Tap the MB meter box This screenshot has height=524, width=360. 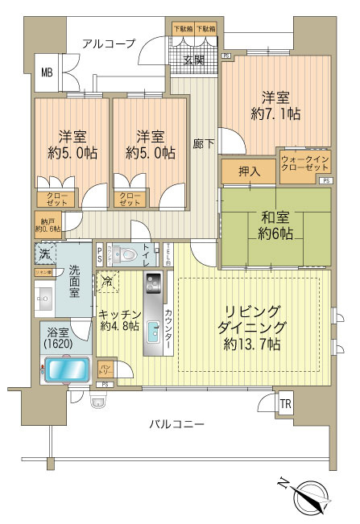(x=47, y=73)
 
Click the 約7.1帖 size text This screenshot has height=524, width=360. (x=275, y=114)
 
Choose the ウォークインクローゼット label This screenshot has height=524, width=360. (x=304, y=165)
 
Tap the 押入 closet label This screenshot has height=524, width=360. (x=250, y=171)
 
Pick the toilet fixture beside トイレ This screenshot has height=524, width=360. (x=122, y=254)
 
